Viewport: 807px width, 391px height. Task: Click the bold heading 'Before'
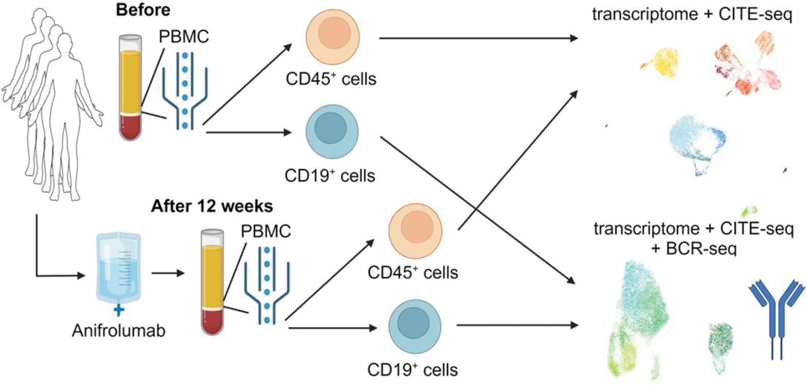143,10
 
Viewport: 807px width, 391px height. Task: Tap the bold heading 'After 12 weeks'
212,206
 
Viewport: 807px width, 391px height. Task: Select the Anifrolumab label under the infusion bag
119,331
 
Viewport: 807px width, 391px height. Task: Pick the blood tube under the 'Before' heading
130,88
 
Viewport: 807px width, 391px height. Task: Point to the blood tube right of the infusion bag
213,282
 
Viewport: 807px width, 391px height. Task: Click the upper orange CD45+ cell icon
333,37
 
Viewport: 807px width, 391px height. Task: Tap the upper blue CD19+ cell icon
332,131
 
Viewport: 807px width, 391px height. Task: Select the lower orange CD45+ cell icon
415,231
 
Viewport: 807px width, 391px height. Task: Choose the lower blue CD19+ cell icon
414,326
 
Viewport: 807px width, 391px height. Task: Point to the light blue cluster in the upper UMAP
695,145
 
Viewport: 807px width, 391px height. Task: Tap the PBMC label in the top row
184,36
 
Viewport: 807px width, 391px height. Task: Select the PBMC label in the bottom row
266,231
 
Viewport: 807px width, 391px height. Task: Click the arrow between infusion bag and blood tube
168,273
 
